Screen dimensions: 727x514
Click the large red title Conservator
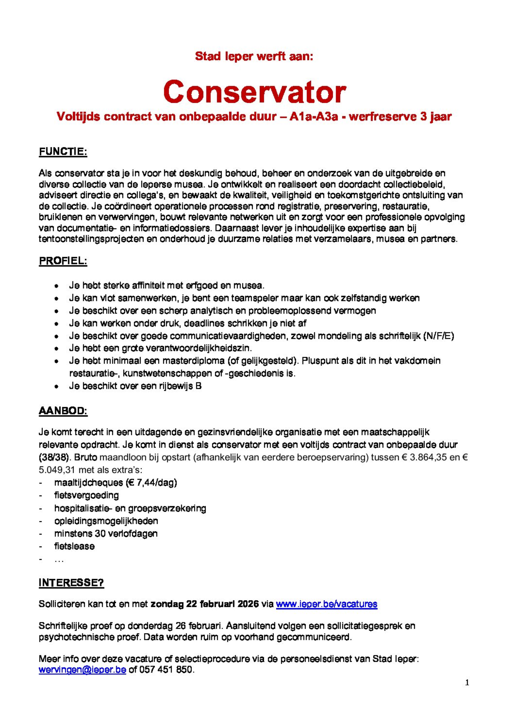(255, 92)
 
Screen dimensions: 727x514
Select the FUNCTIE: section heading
(63, 152)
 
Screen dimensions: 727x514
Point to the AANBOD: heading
(63, 411)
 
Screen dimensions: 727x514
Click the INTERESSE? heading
(71, 583)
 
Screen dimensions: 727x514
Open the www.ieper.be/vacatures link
(327, 604)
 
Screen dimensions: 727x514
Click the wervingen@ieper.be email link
(82, 670)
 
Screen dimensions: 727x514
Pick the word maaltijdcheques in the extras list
(89, 483)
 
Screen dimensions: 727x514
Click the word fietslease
(74, 546)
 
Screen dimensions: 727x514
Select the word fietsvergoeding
(86, 495)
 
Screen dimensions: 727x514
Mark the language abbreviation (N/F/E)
(438, 336)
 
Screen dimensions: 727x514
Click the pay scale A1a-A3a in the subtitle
(314, 117)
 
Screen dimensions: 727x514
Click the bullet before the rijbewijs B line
(56, 387)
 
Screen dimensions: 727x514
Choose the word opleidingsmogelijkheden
(106, 521)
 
